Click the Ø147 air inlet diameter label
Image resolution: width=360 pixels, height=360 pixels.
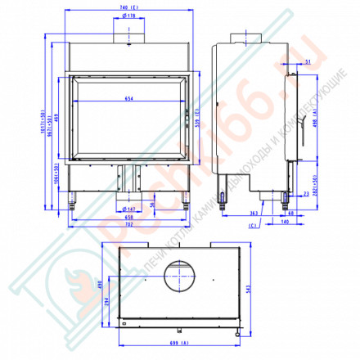pyautogui.click(x=128, y=209)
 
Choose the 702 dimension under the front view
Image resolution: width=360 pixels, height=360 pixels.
pyautogui.click(x=128, y=224)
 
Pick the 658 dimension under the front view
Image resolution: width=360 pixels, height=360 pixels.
pyautogui.click(x=128, y=217)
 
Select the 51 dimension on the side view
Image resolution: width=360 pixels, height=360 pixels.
pyautogui.click(x=308, y=61)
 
